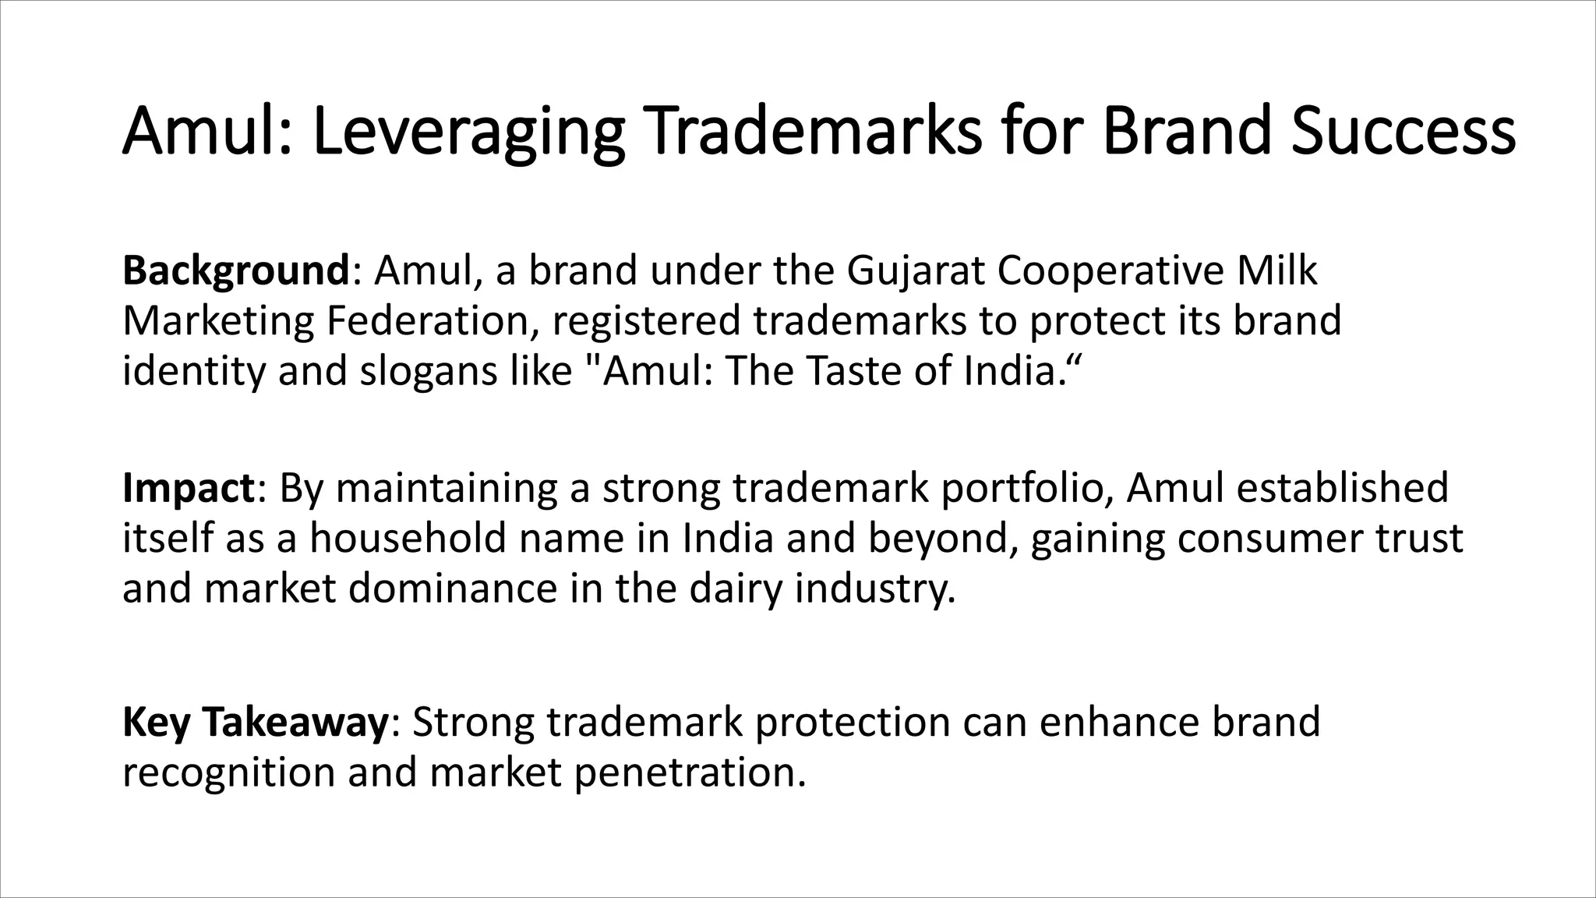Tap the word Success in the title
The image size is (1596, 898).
coord(1402,131)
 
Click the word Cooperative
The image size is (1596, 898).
coord(1110,271)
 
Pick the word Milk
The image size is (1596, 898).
coord(1277,271)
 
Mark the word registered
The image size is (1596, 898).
coord(646,321)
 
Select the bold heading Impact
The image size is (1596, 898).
coord(188,488)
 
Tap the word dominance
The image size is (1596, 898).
coord(453,588)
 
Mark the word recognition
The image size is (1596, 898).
coord(229,772)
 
